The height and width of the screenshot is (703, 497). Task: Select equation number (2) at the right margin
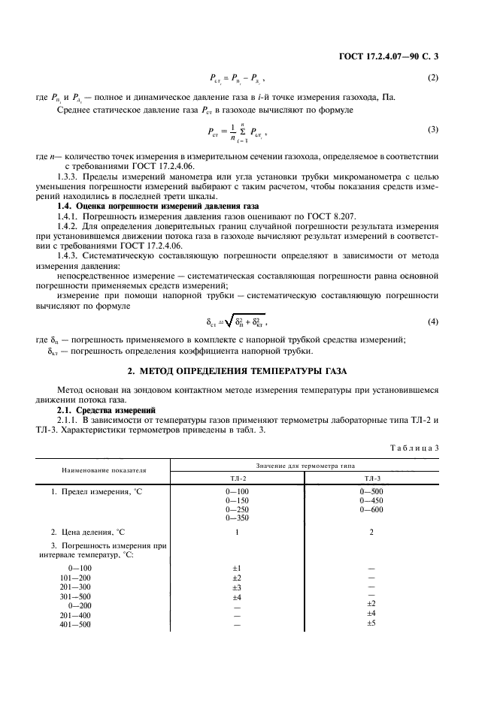[x=432, y=77]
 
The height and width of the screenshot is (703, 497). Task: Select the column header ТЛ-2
[x=237, y=477]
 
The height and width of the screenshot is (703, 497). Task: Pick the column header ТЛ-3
[x=371, y=477]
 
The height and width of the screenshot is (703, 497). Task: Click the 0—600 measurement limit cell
[x=371, y=510]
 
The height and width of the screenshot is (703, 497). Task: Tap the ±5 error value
[x=371, y=623]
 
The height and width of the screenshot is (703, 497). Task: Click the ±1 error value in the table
[x=237, y=569]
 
